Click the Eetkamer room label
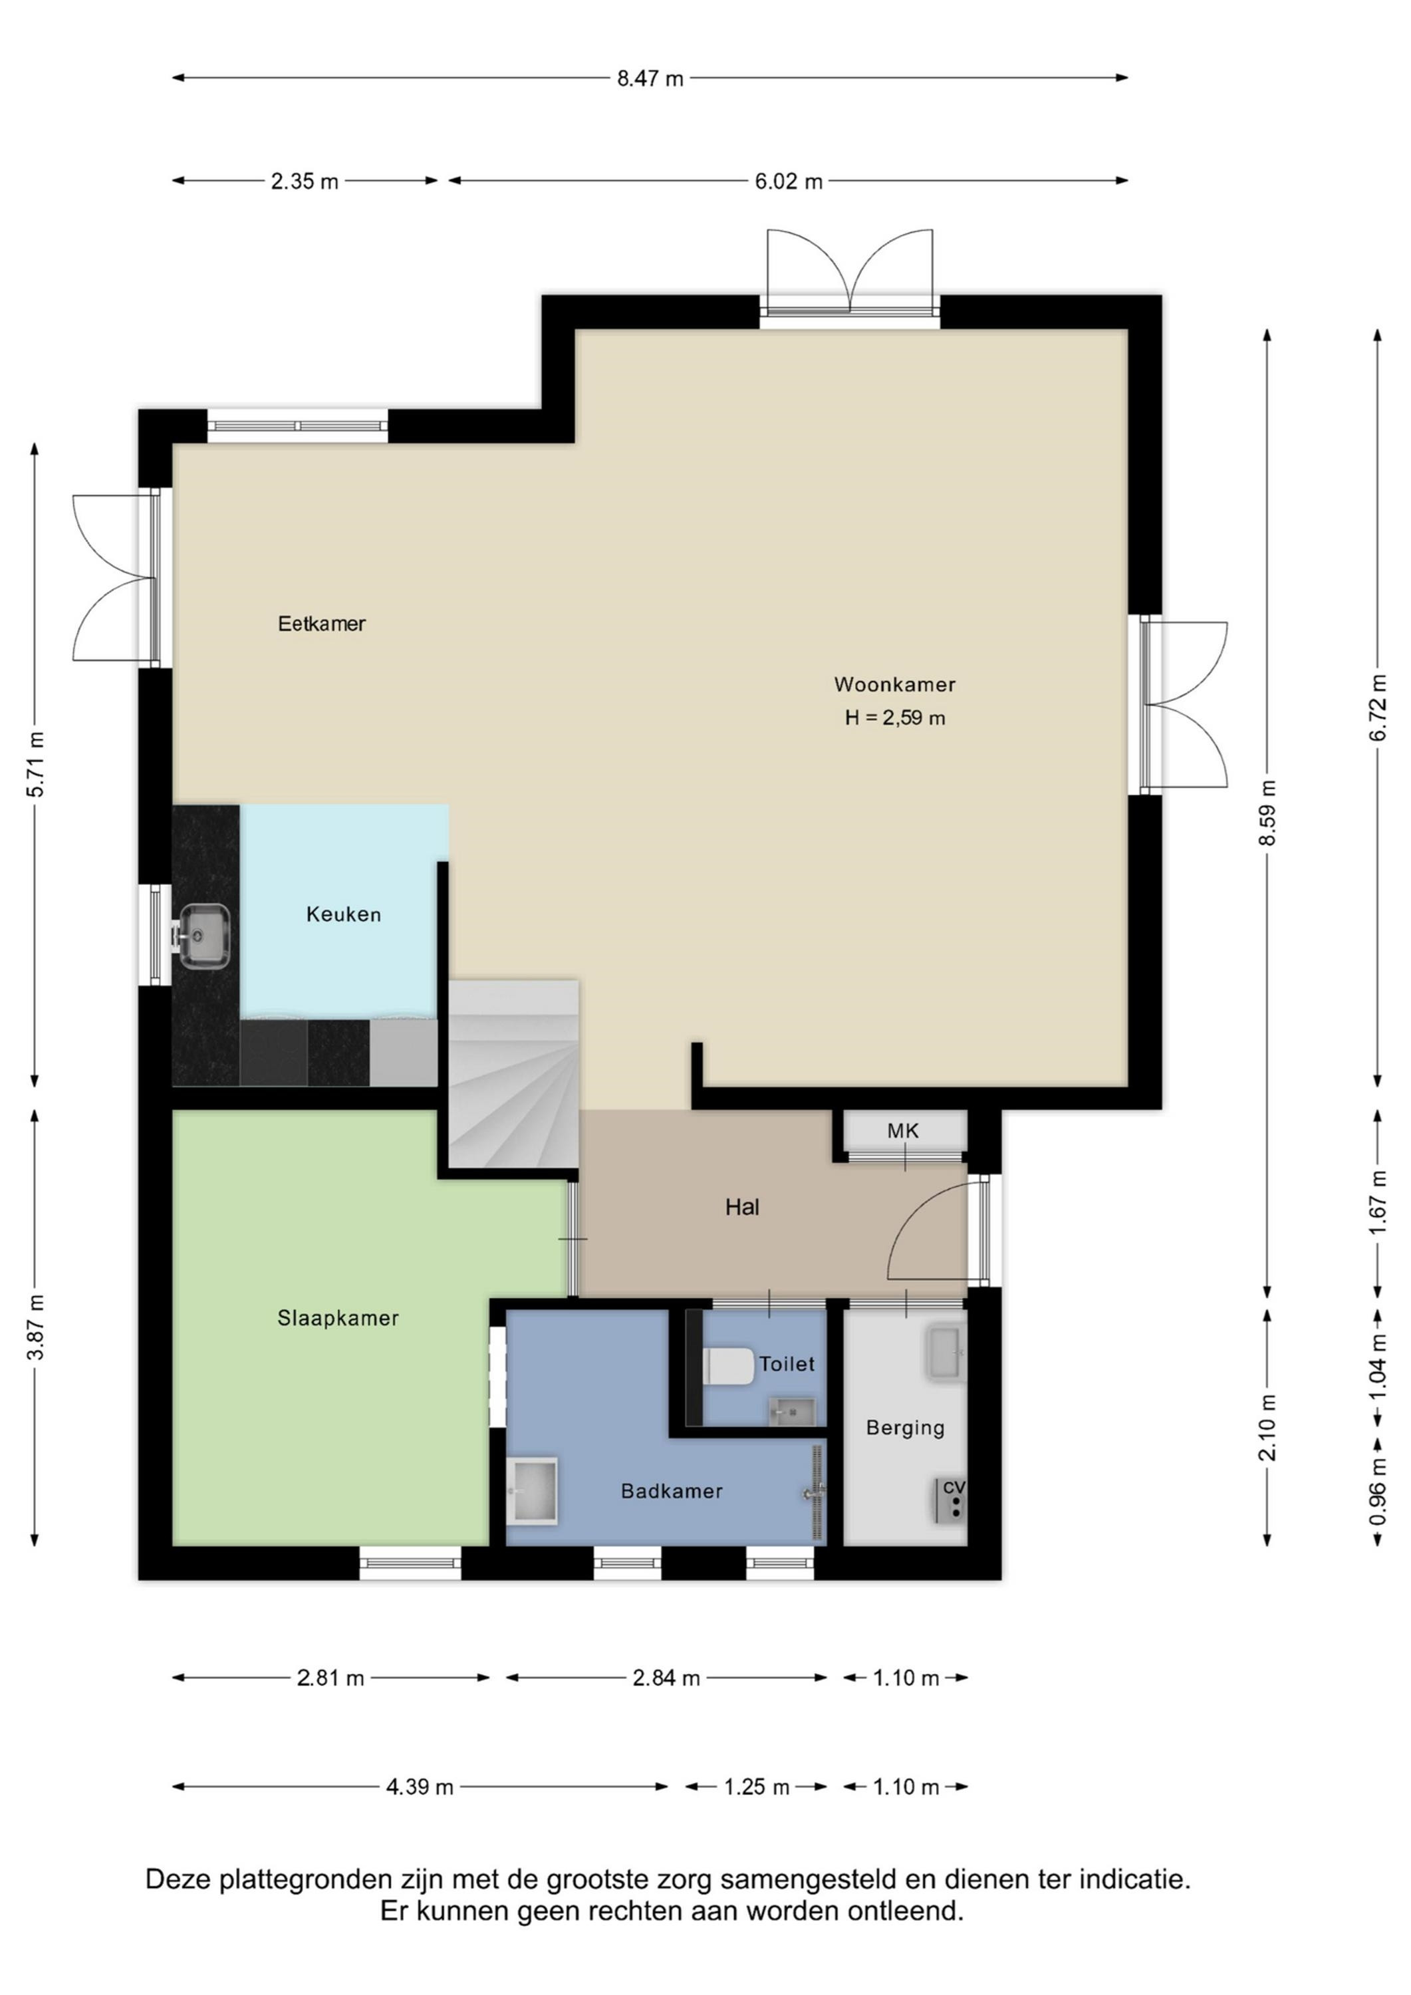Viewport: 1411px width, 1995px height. [321, 623]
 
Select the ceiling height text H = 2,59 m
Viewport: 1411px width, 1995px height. [895, 718]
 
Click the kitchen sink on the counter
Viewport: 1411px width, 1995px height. [205, 936]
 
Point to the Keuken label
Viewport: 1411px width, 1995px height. [343, 914]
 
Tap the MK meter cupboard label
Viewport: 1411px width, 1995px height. [903, 1130]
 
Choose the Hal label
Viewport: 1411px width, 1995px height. [743, 1207]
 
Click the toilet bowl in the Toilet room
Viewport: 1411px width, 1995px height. [728, 1366]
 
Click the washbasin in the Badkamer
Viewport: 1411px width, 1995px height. [533, 1491]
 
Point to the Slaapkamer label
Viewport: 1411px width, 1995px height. [338, 1318]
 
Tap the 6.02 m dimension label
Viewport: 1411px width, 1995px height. [789, 182]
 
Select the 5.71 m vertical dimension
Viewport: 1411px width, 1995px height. [35, 765]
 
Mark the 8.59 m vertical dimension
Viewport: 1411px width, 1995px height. [1267, 813]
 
